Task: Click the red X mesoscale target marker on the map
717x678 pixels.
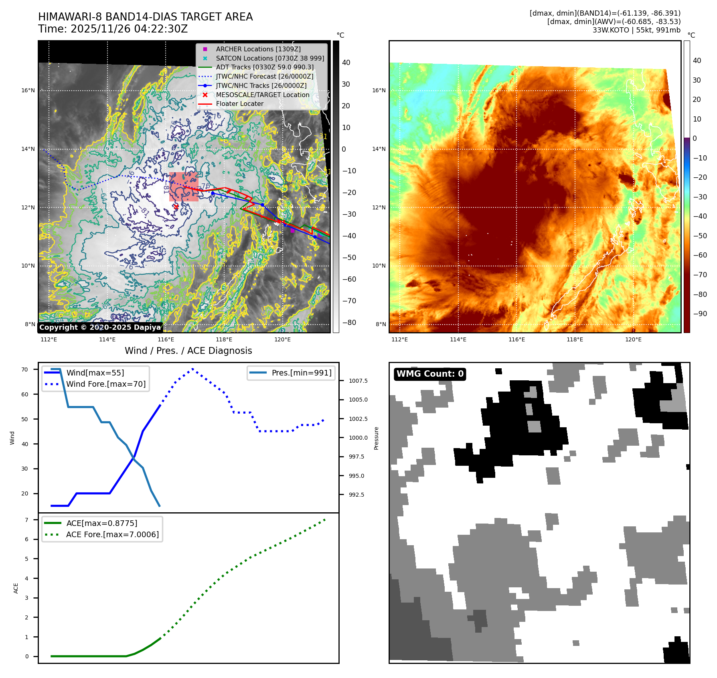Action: click(176, 207)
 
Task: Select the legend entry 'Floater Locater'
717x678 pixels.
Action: click(239, 104)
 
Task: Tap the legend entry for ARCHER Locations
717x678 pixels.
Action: click(258, 49)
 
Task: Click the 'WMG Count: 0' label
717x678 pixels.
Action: click(430, 374)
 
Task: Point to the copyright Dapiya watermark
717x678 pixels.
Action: click(100, 327)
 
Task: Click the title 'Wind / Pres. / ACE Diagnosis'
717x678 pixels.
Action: click(188, 351)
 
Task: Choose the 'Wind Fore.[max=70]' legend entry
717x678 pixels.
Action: click(106, 384)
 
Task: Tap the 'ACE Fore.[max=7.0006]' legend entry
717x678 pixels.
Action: click(112, 534)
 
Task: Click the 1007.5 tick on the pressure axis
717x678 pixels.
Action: click(358, 381)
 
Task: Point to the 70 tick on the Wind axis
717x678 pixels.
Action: click(25, 369)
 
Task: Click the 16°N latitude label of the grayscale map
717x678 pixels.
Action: click(28, 90)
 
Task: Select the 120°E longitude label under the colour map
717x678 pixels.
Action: click(633, 339)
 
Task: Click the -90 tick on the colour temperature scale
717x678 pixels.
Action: click(700, 314)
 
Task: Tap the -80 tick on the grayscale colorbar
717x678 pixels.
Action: click(349, 323)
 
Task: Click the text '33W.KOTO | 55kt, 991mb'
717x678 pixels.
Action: click(636, 30)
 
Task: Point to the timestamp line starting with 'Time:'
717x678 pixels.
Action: click(113, 29)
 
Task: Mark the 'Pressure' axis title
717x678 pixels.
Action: click(376, 438)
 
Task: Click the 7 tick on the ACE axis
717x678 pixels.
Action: click(26, 520)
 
